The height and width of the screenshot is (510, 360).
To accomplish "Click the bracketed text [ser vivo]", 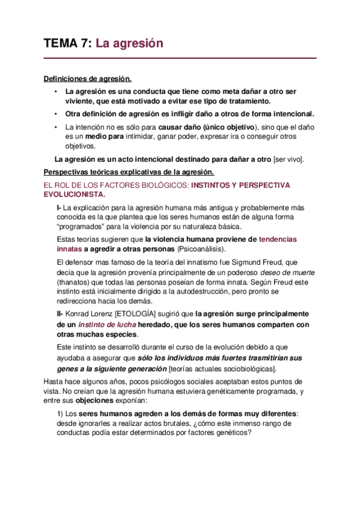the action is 289,159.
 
